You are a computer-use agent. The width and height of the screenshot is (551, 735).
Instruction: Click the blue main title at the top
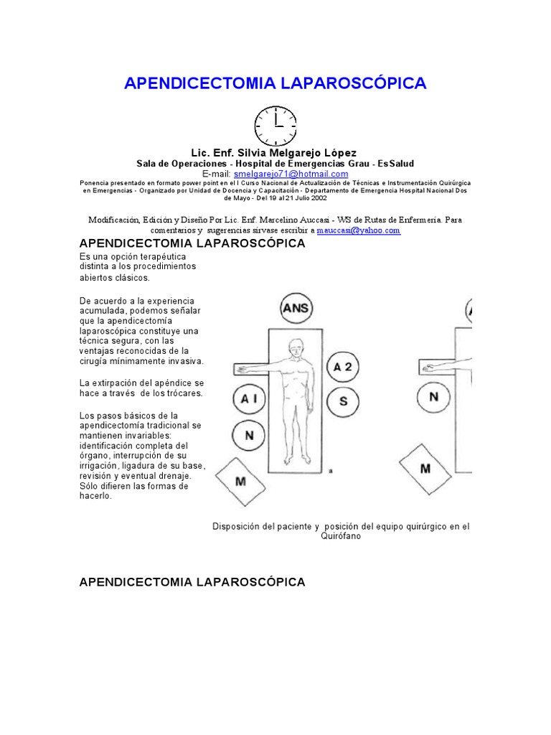click(x=275, y=83)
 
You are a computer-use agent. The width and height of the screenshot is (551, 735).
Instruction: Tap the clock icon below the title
click(x=275, y=126)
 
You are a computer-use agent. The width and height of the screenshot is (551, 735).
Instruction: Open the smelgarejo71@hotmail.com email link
click(x=291, y=174)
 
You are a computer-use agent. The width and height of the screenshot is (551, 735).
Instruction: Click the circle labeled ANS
click(x=297, y=309)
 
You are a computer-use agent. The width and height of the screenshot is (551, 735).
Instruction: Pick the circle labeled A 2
click(x=343, y=367)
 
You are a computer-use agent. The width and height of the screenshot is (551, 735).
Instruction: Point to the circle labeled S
click(x=343, y=401)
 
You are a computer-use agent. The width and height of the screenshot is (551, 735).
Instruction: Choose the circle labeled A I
click(x=249, y=401)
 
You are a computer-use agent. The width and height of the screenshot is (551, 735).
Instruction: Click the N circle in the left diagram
click(x=249, y=436)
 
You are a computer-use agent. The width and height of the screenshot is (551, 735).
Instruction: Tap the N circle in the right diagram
click(x=433, y=396)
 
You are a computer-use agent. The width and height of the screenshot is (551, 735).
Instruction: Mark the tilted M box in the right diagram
click(x=426, y=469)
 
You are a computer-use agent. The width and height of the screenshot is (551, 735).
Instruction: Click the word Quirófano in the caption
click(x=341, y=536)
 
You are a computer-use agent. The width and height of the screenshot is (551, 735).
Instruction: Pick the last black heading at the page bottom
click(x=192, y=581)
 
